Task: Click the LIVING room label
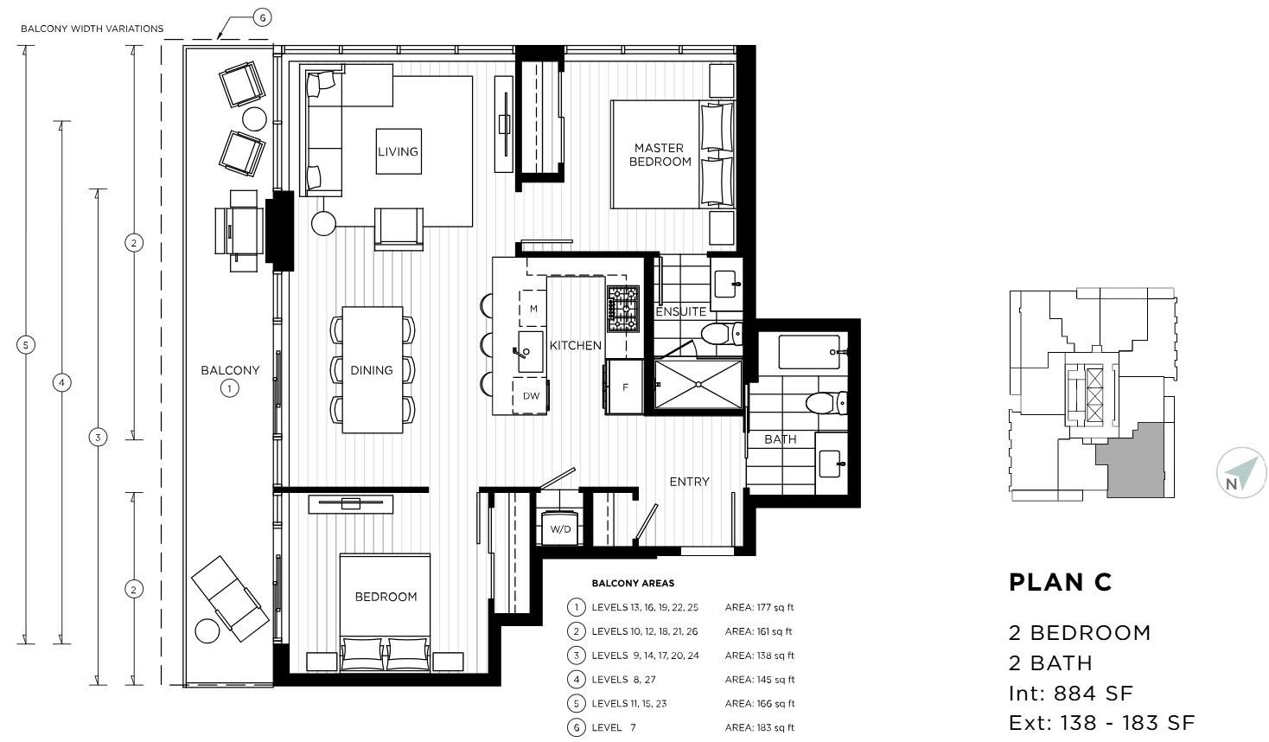tap(398, 151)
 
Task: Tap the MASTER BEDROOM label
tap(660, 155)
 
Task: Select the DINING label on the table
tap(372, 370)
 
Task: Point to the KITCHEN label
tap(576, 345)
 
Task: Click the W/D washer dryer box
tap(560, 528)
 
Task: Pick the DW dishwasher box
tap(531, 396)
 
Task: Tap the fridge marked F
tap(625, 387)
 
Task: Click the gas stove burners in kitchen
tap(622, 309)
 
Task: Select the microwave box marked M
tap(533, 309)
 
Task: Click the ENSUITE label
tap(680, 311)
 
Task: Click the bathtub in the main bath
tap(810, 352)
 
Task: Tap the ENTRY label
tap(689, 482)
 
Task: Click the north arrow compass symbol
tap(1240, 474)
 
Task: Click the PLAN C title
tap(1060, 583)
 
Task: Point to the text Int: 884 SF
tap(1070, 693)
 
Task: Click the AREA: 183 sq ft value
tap(759, 727)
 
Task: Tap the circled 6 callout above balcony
tap(262, 17)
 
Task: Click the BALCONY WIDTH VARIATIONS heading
tap(92, 29)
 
